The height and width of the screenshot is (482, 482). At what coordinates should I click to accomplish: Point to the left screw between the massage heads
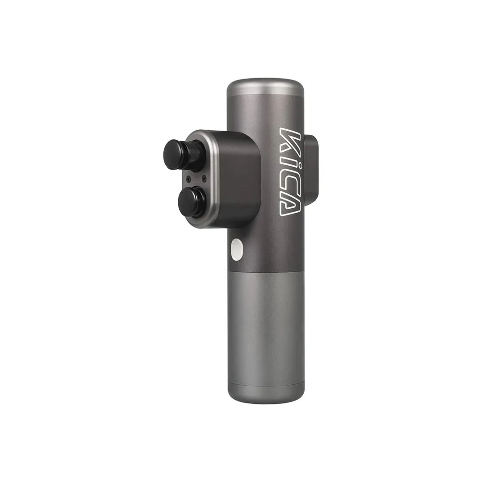188,179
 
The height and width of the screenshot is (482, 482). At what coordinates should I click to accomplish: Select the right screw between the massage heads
203,178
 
